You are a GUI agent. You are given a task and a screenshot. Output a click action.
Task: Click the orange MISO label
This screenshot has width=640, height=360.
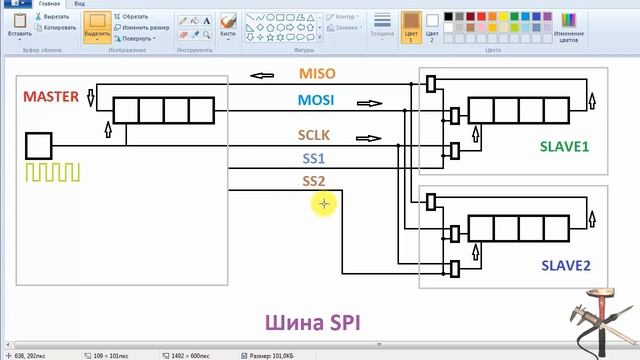pos(318,74)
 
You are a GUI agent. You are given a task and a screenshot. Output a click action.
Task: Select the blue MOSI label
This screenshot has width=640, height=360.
pos(316,100)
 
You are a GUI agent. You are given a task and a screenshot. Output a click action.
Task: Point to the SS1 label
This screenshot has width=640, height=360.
pos(314,158)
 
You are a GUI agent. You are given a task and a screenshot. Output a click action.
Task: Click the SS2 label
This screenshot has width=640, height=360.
pos(314,181)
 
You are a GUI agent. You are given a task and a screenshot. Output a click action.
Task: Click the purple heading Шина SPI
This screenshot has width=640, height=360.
pos(312,322)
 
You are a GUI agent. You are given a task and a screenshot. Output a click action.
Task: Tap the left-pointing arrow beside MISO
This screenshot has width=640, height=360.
pos(263,75)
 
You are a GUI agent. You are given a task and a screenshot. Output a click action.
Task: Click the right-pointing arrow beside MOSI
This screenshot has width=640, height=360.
pos(369,102)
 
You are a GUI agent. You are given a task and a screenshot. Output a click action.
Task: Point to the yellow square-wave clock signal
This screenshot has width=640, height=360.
pos(47,172)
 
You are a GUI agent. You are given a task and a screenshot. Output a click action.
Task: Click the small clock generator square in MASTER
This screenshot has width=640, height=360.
pos(38,146)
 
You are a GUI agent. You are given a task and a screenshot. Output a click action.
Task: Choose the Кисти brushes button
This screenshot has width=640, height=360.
pos(227,24)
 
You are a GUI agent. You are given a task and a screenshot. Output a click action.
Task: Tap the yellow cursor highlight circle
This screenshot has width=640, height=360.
pos(323,204)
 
